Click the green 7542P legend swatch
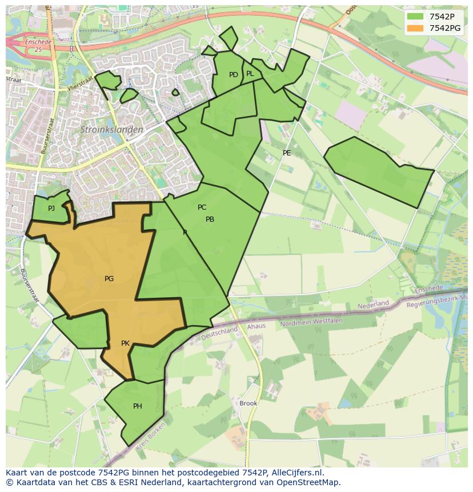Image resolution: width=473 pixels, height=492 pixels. coord(415,17)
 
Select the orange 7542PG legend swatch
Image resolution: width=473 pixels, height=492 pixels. coord(415,28)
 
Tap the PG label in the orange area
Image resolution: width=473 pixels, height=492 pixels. coord(109,279)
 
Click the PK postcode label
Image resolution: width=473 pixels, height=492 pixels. coord(126,343)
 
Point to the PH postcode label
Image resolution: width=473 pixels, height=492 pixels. coord(138,406)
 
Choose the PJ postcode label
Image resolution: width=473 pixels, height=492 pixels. coord(51,208)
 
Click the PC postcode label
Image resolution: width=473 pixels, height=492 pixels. coord(202,207)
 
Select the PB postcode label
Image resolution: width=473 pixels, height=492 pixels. coord(210,219)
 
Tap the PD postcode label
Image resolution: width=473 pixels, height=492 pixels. coord(233,75)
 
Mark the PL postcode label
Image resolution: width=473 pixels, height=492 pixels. coord(250,74)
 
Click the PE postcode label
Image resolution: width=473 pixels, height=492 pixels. coord(287,153)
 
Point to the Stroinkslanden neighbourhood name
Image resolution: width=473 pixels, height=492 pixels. coord(111,130)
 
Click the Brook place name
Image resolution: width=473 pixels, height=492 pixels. coord(248,403)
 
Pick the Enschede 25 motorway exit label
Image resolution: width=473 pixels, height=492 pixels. coord(38,46)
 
